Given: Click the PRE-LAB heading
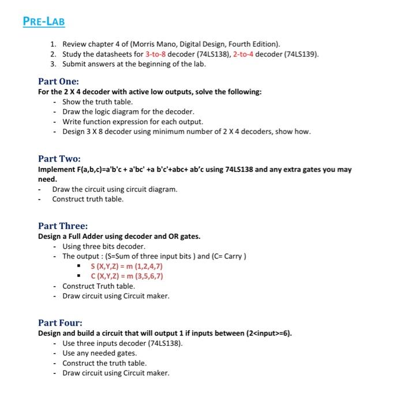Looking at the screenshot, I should click(x=44, y=22).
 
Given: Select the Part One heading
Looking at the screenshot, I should click(x=58, y=81).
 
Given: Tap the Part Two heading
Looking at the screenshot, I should click(x=59, y=159).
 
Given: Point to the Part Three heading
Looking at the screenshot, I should click(x=62, y=226).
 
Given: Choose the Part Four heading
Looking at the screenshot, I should click(x=60, y=323).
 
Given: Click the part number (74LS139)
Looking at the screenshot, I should click(x=300, y=54).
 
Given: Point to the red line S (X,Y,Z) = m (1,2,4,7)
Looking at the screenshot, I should click(x=127, y=266).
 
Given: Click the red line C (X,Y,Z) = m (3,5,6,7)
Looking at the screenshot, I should click(x=127, y=276).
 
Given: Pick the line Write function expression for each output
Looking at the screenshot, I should click(x=133, y=121).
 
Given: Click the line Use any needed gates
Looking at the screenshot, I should click(x=99, y=353).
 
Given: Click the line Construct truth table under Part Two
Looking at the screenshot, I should click(x=88, y=199).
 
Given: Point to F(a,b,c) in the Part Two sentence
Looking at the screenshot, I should click(x=92, y=170).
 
